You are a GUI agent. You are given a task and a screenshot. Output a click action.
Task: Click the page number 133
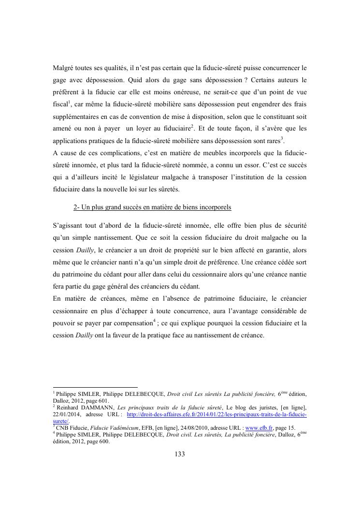180,454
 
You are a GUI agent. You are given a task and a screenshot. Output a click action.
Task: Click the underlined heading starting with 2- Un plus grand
152,207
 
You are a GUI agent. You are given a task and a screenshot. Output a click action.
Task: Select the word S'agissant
70,226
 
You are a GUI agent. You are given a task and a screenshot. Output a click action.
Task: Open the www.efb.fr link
261,427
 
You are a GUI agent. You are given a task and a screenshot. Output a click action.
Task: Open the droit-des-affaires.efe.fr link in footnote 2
216,415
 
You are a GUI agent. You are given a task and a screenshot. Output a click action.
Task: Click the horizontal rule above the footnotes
95,387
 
